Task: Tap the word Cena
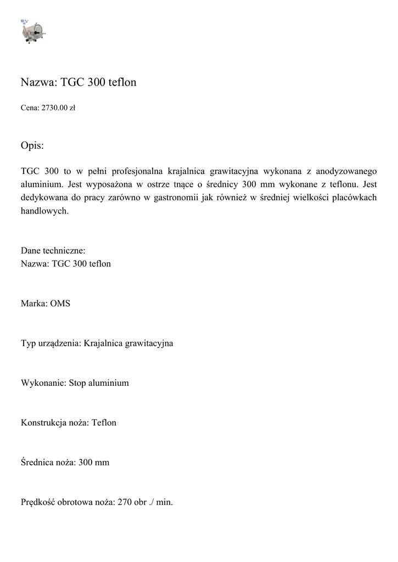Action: point(30,108)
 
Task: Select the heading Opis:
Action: point(32,146)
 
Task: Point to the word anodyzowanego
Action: point(348,170)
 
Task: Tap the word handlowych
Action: point(44,211)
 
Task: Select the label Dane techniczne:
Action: point(53,251)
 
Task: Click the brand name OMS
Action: point(60,304)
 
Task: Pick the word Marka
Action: point(33,304)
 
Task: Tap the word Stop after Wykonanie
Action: point(78,383)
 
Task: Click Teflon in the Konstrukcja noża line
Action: point(104,423)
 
